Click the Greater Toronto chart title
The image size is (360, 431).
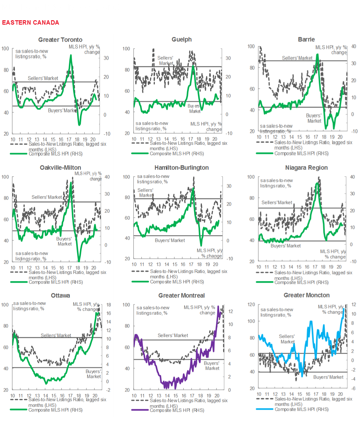[x=60, y=40]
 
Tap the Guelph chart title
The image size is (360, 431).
[x=181, y=39]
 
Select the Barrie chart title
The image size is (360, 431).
[x=306, y=39]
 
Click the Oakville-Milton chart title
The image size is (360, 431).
[x=60, y=168]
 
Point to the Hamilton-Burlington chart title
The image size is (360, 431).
[x=181, y=168]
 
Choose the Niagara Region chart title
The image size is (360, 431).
[x=306, y=168]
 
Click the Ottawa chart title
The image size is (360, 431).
[x=60, y=296]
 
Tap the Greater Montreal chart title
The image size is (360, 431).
[x=181, y=296]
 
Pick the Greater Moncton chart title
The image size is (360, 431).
[x=306, y=295]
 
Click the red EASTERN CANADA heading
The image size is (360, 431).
[x=31, y=23]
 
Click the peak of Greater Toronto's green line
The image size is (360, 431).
[x=71, y=55]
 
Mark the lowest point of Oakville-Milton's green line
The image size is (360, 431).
[x=79, y=261]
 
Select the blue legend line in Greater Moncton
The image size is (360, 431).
[x=265, y=409]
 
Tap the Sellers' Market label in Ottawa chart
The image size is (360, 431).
[x=56, y=335]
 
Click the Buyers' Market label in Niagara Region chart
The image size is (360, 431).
[x=286, y=246]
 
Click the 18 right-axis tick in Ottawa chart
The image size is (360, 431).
[x=108, y=305]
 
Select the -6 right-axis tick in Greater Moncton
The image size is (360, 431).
[x=353, y=388]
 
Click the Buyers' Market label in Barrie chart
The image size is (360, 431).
[x=314, y=118]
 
